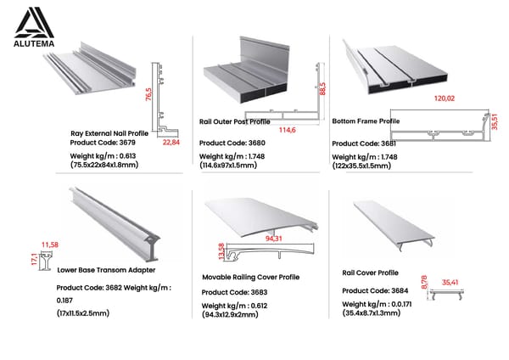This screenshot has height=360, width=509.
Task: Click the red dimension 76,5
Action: click(148, 93)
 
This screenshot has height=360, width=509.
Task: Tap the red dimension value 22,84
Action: click(171, 143)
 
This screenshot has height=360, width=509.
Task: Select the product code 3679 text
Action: click(104, 143)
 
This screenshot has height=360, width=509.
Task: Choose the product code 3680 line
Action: click(232, 143)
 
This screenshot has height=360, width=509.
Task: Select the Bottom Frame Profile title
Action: click(366, 121)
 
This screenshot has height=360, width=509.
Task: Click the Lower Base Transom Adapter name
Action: click(108, 270)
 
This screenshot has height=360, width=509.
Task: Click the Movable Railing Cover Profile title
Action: click(250, 277)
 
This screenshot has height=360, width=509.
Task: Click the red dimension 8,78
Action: click(423, 283)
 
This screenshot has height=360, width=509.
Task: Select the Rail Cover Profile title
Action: click(370, 273)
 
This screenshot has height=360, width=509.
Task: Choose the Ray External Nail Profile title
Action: click(109, 133)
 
